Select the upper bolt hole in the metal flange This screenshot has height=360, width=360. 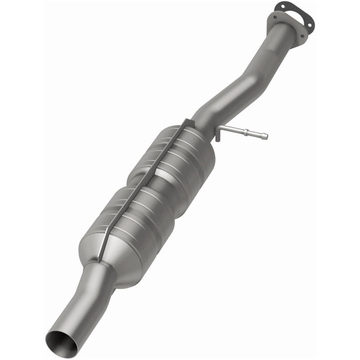click(x=275, y=17)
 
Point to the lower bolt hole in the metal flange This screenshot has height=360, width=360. click(x=302, y=36)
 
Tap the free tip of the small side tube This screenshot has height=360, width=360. click(x=265, y=136)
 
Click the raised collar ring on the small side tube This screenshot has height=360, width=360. click(x=250, y=133)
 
